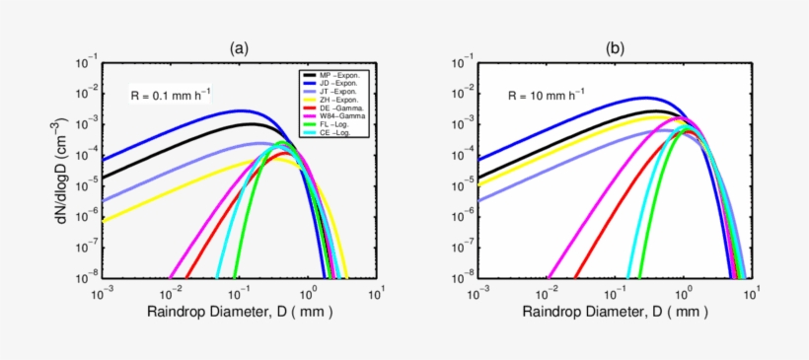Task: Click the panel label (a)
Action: tap(239, 47)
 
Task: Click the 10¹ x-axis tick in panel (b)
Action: tap(753, 293)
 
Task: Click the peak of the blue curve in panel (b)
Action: tap(646, 98)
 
